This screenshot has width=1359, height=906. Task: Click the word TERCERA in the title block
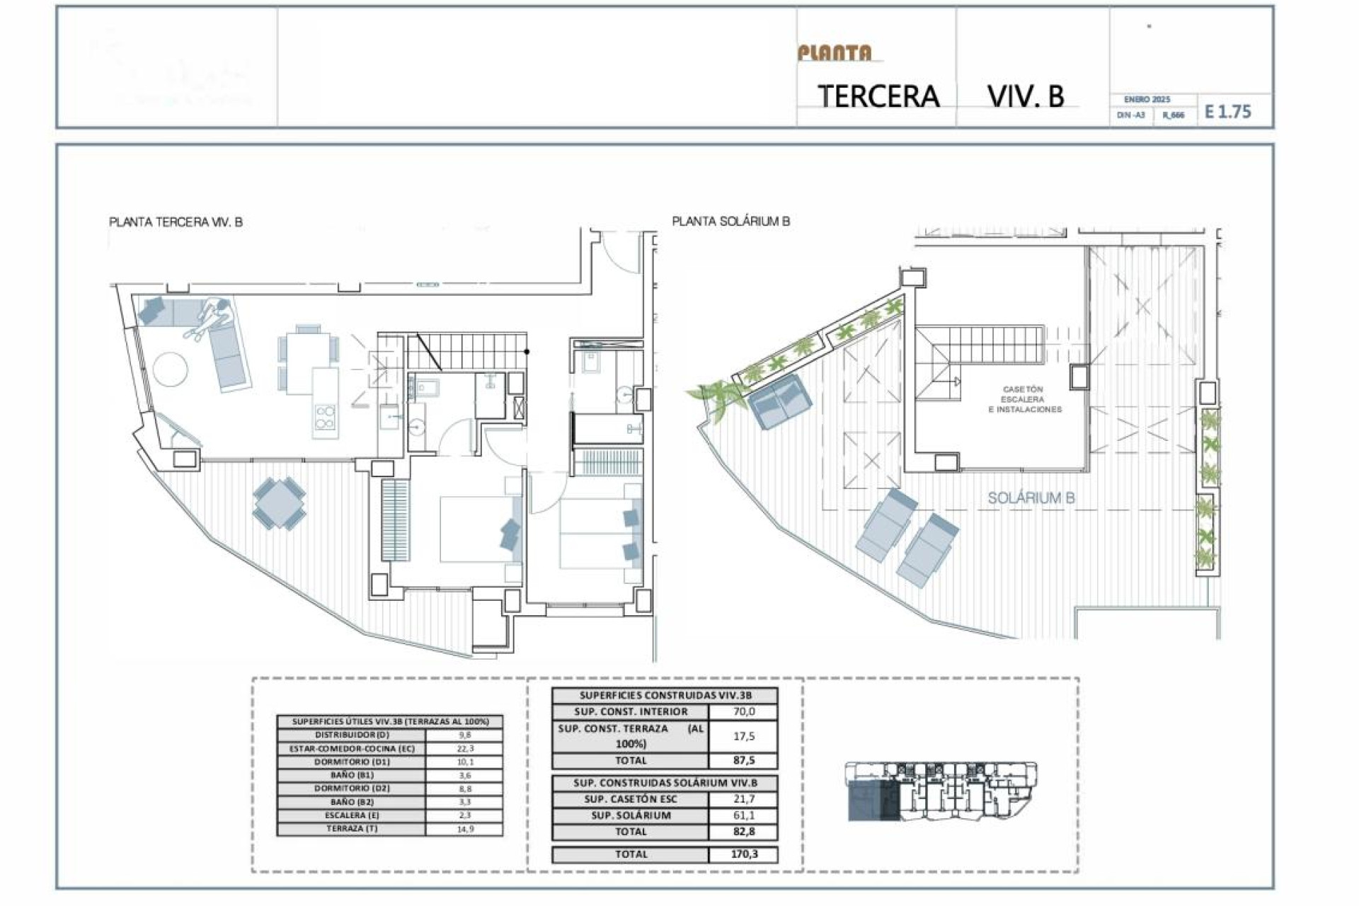coord(878,96)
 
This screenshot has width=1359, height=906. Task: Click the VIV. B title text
coord(1026,96)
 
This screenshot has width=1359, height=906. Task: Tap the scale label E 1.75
coord(1227,112)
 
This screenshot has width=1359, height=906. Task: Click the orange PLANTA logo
coord(835,53)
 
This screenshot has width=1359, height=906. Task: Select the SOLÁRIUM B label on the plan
coord(1031,498)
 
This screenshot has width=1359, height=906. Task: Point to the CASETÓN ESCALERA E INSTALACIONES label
coord(1024,399)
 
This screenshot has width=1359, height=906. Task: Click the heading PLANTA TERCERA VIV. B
coord(176,222)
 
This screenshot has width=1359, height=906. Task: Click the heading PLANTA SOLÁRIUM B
coord(730,222)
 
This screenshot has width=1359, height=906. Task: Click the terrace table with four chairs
coord(280,503)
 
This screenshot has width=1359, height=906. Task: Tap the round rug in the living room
coord(171,369)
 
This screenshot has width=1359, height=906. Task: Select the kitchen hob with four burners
coord(325,418)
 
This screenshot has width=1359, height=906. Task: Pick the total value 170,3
coord(743,854)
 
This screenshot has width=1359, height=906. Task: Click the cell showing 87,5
coord(743,760)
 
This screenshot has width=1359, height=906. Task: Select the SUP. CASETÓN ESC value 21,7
coord(743,799)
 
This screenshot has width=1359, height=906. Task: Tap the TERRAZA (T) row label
coord(352,828)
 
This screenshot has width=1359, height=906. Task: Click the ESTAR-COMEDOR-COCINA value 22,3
coord(465,748)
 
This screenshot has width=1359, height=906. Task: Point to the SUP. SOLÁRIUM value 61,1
coord(743,815)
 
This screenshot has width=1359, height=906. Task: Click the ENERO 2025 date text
coord(1147,100)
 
